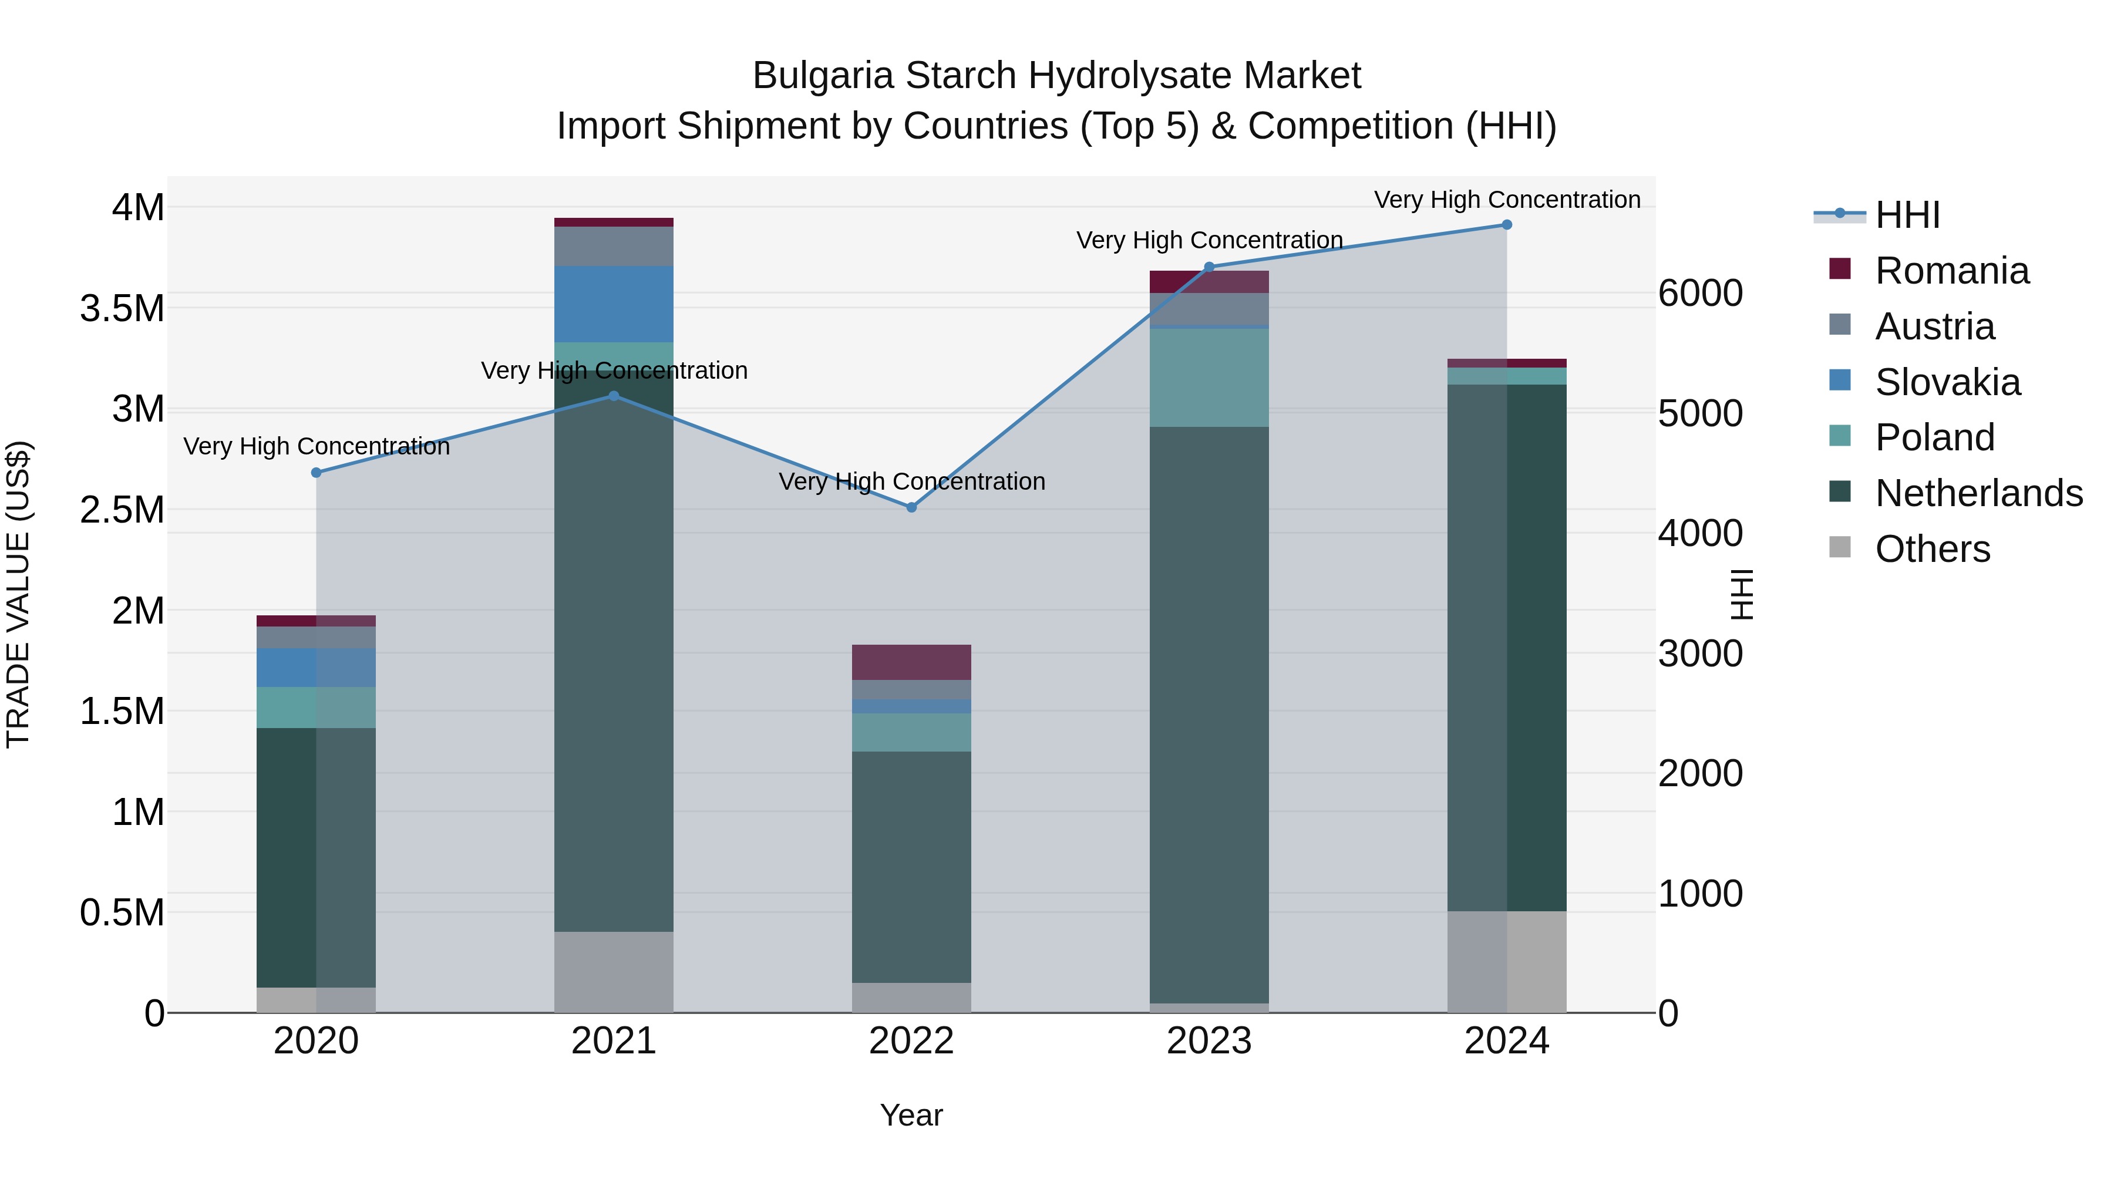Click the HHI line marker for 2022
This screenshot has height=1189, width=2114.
click(x=911, y=507)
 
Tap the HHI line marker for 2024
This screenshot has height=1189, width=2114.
click(x=1507, y=225)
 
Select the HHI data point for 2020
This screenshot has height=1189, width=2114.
click(x=316, y=473)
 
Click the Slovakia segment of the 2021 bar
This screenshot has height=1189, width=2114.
click(x=614, y=304)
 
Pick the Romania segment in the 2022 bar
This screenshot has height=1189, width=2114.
click(x=911, y=662)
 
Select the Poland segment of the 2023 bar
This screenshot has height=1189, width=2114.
click(x=1209, y=378)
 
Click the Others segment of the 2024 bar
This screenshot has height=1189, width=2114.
click(x=1507, y=962)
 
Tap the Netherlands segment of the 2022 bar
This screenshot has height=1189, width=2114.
click(x=911, y=867)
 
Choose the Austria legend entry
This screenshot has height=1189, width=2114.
click(x=1934, y=326)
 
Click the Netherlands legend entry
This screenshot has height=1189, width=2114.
click(x=1978, y=493)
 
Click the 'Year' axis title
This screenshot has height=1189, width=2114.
click(x=911, y=1115)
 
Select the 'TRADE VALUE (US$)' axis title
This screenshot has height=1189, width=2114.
click(x=18, y=594)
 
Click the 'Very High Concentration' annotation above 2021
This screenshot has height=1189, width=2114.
click(x=614, y=371)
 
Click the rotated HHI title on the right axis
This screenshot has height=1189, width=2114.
click(x=1741, y=594)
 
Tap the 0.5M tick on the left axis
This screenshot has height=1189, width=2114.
click(x=122, y=912)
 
